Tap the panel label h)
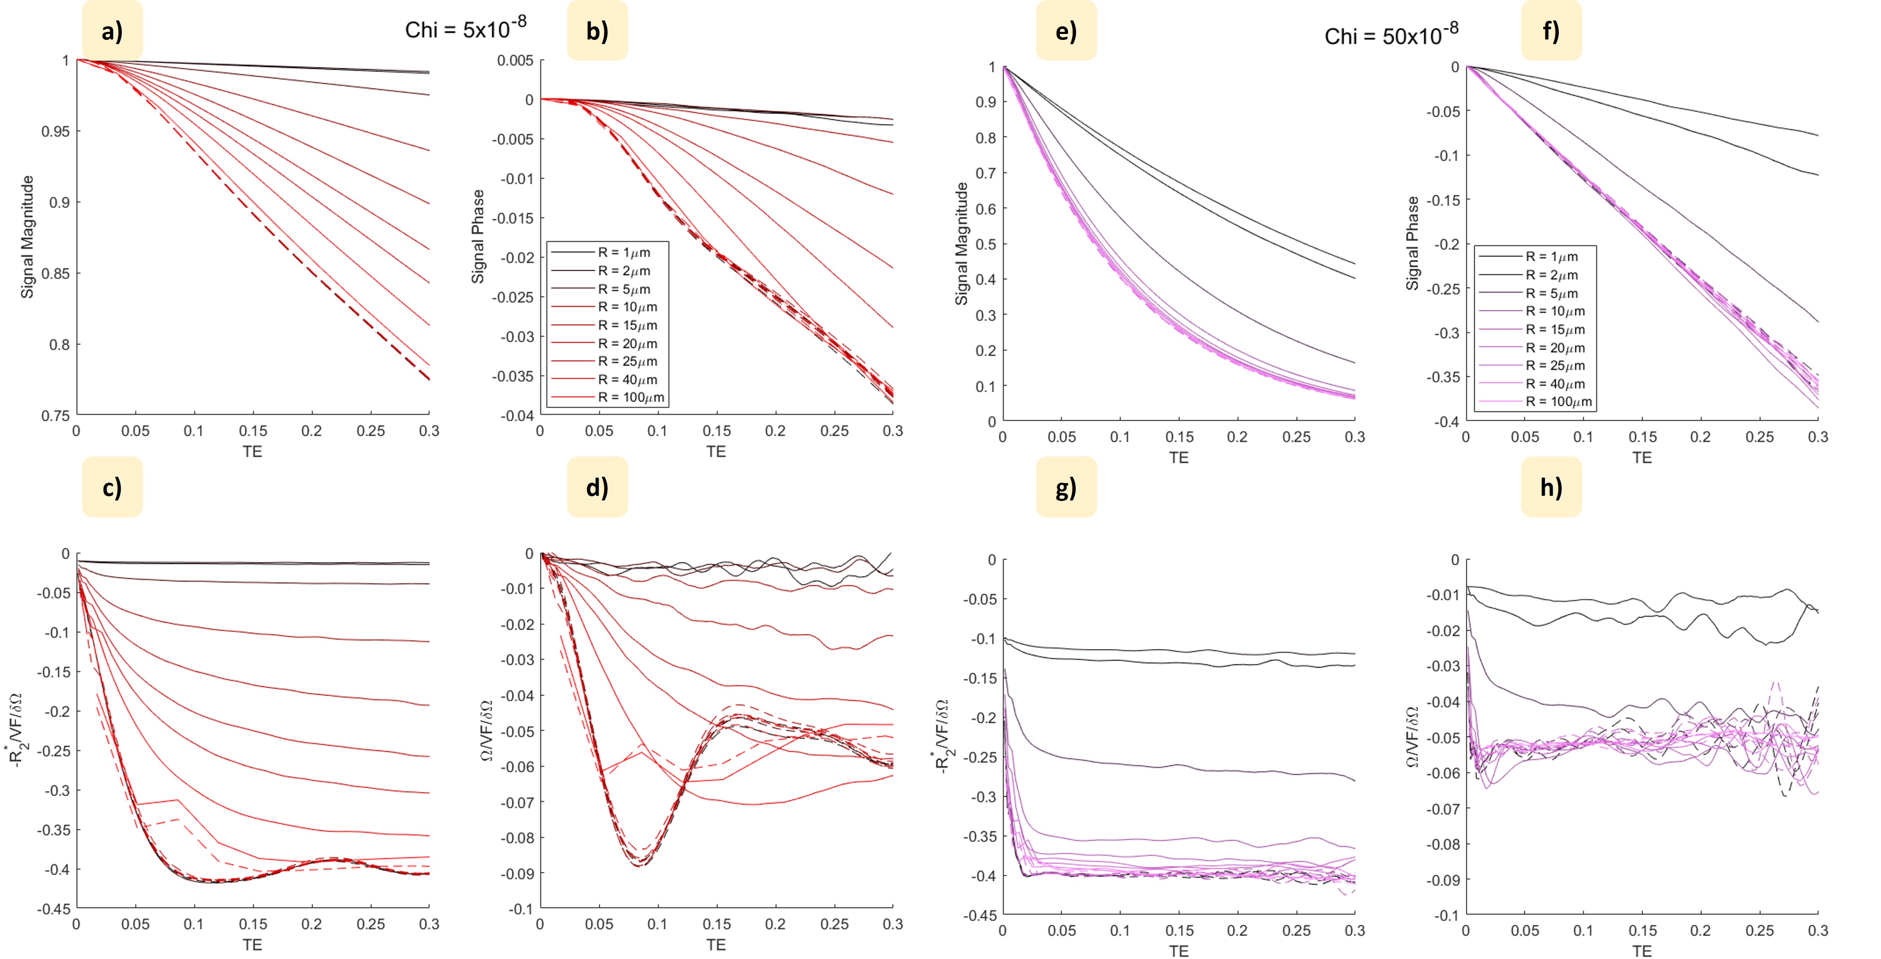[1551, 487]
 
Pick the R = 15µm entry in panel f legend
[1555, 330]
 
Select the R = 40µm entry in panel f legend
[1555, 384]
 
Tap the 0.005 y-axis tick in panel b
[516, 61]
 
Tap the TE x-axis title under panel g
[1178, 950]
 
